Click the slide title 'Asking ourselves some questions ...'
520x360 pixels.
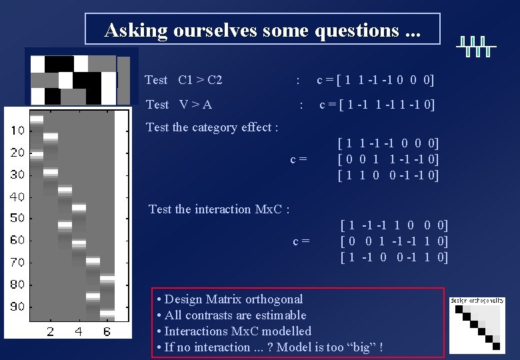[263, 30]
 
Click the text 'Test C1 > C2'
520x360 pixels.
[183, 80]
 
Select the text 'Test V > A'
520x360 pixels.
[179, 104]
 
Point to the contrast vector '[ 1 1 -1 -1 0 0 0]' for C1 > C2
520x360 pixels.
[385, 80]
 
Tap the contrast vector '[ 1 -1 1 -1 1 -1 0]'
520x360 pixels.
[386, 104]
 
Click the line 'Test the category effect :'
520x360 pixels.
[212, 127]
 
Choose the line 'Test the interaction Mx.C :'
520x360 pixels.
[219, 209]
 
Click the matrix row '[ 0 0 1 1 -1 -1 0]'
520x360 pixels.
[389, 159]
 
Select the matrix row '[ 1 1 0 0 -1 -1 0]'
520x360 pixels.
[389, 175]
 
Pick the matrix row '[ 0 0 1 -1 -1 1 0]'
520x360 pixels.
[393, 241]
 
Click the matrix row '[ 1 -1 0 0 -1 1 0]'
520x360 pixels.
[393, 257]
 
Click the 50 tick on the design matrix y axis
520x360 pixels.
[17, 218]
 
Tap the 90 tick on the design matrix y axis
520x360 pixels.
[17, 306]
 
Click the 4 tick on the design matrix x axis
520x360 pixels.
[79, 331]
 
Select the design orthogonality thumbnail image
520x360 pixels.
[477, 325]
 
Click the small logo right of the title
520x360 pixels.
[476, 46]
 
